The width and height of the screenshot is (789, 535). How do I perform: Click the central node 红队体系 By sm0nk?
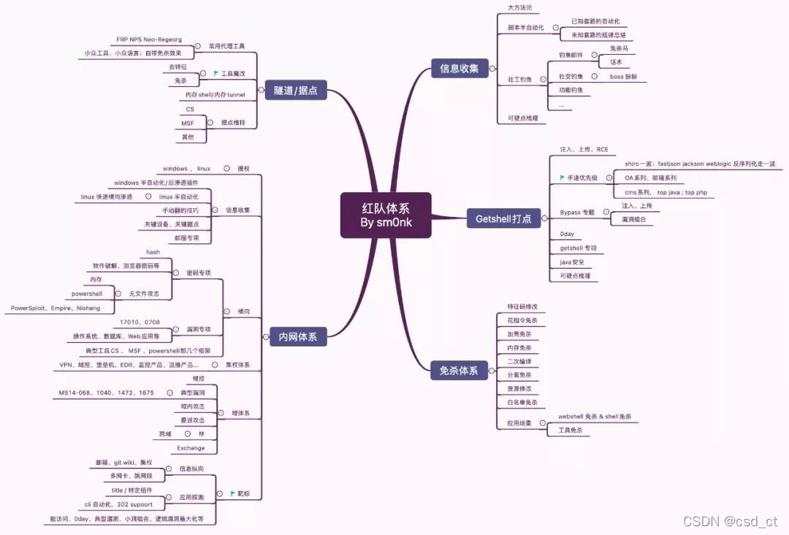(386, 215)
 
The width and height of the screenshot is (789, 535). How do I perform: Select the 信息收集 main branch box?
(459, 69)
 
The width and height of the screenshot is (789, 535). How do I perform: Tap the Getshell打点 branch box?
(503, 219)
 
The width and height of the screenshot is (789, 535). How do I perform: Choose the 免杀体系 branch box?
(459, 371)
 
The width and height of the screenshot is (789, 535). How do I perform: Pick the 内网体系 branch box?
(298, 337)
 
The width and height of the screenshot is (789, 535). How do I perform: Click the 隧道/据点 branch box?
(295, 90)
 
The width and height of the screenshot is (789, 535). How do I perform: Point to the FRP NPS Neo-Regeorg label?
(149, 39)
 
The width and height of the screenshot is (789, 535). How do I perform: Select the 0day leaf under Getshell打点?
(567, 234)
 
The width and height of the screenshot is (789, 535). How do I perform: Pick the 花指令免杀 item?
(522, 320)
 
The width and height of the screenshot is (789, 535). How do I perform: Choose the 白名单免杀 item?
(522, 402)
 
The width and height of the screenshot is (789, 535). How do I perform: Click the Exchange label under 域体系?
(191, 448)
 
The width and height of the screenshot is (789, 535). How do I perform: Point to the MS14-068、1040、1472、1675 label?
(107, 392)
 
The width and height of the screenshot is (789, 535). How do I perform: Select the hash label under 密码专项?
(153, 252)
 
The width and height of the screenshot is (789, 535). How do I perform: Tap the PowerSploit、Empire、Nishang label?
(56, 308)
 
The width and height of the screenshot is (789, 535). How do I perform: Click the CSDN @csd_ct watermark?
(730, 521)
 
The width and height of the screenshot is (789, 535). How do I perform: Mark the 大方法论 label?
(519, 7)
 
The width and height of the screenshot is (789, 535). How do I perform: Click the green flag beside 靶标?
(232, 494)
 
